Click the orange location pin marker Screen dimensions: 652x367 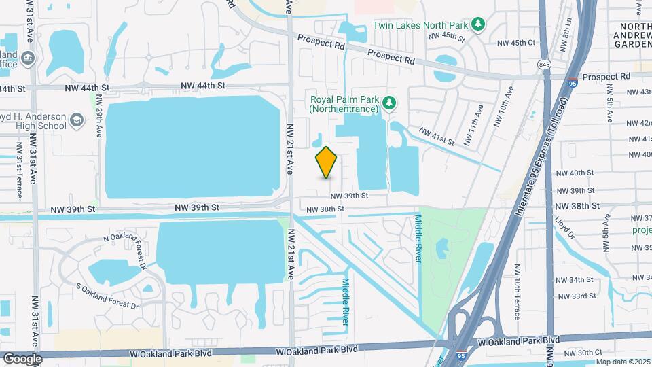[327, 162]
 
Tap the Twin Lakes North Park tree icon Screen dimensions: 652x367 [479, 24]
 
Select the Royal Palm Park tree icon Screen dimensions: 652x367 [389, 103]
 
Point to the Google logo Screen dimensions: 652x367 [22, 358]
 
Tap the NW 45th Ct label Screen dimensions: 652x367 [516, 42]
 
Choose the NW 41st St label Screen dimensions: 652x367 [436, 135]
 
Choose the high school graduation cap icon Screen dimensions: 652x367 [77, 121]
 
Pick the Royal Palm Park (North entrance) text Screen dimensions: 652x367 [344, 103]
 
